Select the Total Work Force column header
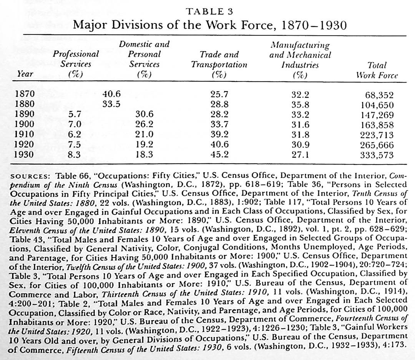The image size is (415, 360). [377, 70]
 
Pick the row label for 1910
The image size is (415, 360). [25, 134]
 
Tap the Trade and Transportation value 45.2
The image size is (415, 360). [219, 154]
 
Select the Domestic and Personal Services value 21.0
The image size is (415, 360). [144, 134]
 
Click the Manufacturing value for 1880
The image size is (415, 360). [300, 104]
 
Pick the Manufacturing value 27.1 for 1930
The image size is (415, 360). [300, 154]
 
